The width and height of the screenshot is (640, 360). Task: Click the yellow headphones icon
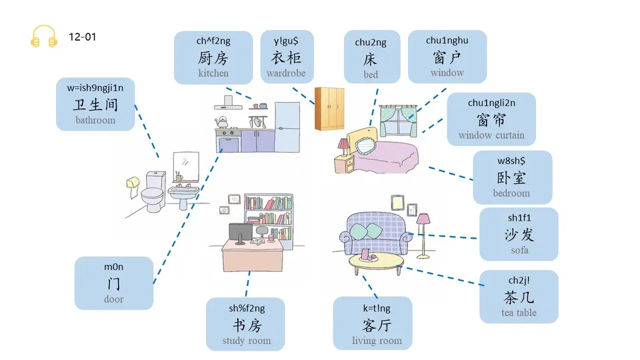pyautogui.click(x=44, y=37)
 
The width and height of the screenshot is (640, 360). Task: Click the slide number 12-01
pyautogui.click(x=83, y=37)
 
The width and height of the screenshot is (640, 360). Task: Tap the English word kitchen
pyautogui.click(x=213, y=73)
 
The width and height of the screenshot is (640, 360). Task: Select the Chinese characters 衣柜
pyautogui.click(x=286, y=58)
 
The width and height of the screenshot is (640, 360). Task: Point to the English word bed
pyautogui.click(x=371, y=75)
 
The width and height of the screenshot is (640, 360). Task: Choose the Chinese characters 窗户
pyautogui.click(x=447, y=57)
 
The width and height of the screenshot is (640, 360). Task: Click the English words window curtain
pyautogui.click(x=491, y=135)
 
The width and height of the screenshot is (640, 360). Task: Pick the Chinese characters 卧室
pyautogui.click(x=511, y=177)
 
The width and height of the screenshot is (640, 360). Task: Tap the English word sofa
pyautogui.click(x=519, y=250)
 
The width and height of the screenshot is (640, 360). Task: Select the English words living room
pyautogui.click(x=377, y=341)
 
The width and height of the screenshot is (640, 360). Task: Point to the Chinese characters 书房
pyautogui.click(x=245, y=325)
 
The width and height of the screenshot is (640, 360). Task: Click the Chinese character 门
pyautogui.click(x=113, y=283)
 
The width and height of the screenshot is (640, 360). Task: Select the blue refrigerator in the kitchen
pyautogui.click(x=287, y=127)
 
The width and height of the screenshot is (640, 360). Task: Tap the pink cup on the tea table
pyautogui.click(x=365, y=254)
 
